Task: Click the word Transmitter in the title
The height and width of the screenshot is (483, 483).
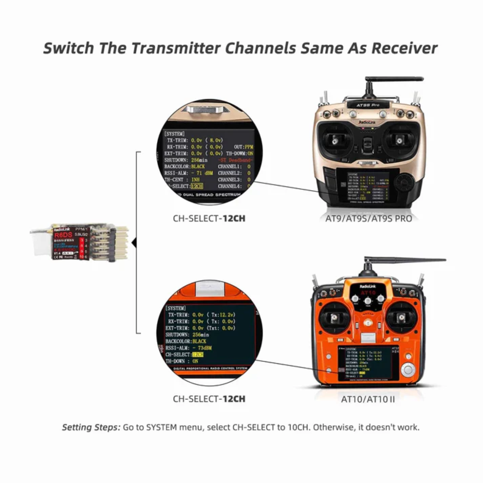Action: [x=176, y=48]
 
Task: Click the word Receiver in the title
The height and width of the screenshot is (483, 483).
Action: [x=404, y=48]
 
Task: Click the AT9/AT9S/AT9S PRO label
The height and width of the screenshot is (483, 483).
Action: [x=368, y=219]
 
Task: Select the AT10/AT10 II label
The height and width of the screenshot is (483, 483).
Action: [x=368, y=400]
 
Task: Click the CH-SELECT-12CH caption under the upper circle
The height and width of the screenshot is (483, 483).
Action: [x=209, y=219]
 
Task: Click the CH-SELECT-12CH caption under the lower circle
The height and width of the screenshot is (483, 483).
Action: [x=209, y=399]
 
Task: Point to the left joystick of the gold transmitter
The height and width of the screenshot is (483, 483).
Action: [x=334, y=140]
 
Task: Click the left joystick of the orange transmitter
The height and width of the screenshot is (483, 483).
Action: [x=334, y=318]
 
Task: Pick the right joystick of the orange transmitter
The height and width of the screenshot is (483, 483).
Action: [x=401, y=317]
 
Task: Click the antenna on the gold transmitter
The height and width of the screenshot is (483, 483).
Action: [x=393, y=79]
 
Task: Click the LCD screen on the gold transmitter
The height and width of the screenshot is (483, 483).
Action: [x=368, y=186]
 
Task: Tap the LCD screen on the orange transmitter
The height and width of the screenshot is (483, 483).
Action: [x=368, y=363]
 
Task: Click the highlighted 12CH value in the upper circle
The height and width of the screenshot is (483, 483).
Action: [x=197, y=186]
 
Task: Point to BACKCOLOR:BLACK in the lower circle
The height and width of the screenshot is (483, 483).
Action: [x=186, y=341]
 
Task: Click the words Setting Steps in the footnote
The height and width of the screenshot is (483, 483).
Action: [x=91, y=427]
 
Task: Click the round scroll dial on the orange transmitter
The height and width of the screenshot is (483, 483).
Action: [x=408, y=370]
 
